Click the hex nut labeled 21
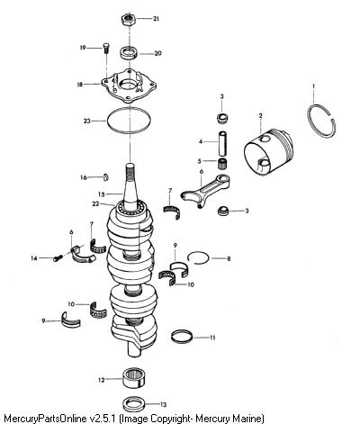click(x=129, y=19)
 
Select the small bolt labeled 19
click(x=106, y=48)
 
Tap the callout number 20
click(x=157, y=53)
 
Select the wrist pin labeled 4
click(x=223, y=144)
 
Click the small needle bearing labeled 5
click(x=222, y=164)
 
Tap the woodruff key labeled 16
click(x=106, y=177)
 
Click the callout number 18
click(x=81, y=85)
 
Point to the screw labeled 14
click(x=58, y=257)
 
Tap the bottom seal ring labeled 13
click(x=135, y=404)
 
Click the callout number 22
click(x=95, y=203)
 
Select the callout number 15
click(x=102, y=194)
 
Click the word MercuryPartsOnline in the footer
click(x=44, y=418)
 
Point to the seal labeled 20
click(x=129, y=53)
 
